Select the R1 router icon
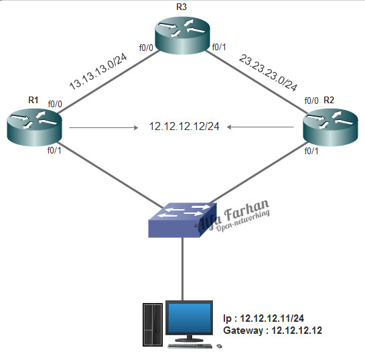[x=34, y=127]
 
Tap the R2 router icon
[x=330, y=127]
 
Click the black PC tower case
[x=152, y=324]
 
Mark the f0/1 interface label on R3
[x=220, y=48]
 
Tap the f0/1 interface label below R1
[x=54, y=150]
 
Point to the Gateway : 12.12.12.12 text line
[x=273, y=331]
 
